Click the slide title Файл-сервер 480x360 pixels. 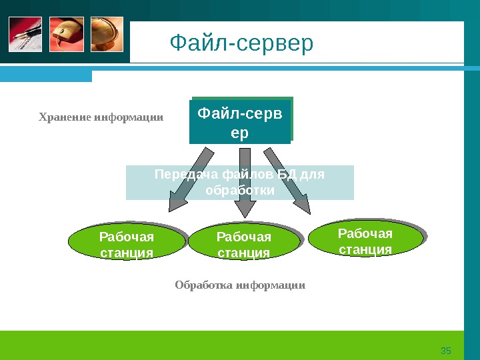click(x=241, y=45)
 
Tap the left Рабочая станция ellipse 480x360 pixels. click(x=126, y=245)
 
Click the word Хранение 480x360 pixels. click(x=65, y=117)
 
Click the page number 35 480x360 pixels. click(x=447, y=351)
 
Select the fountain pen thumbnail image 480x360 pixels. click(x=25, y=34)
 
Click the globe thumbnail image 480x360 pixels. click(x=106, y=34)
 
